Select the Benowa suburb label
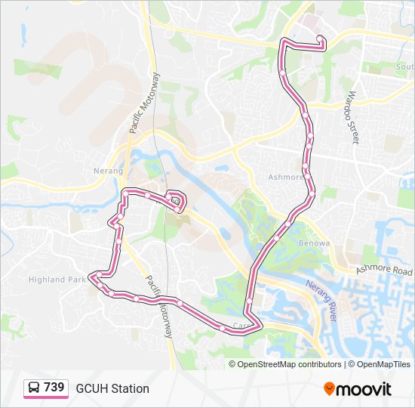(x=315, y=243)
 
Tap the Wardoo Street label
(x=349, y=118)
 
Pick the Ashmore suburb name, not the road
(x=284, y=178)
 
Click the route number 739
(x=54, y=387)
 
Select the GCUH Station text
(x=112, y=388)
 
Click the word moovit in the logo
(x=364, y=389)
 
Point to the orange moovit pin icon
(x=330, y=388)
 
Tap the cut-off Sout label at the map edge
(x=404, y=66)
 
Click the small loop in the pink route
(x=177, y=201)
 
